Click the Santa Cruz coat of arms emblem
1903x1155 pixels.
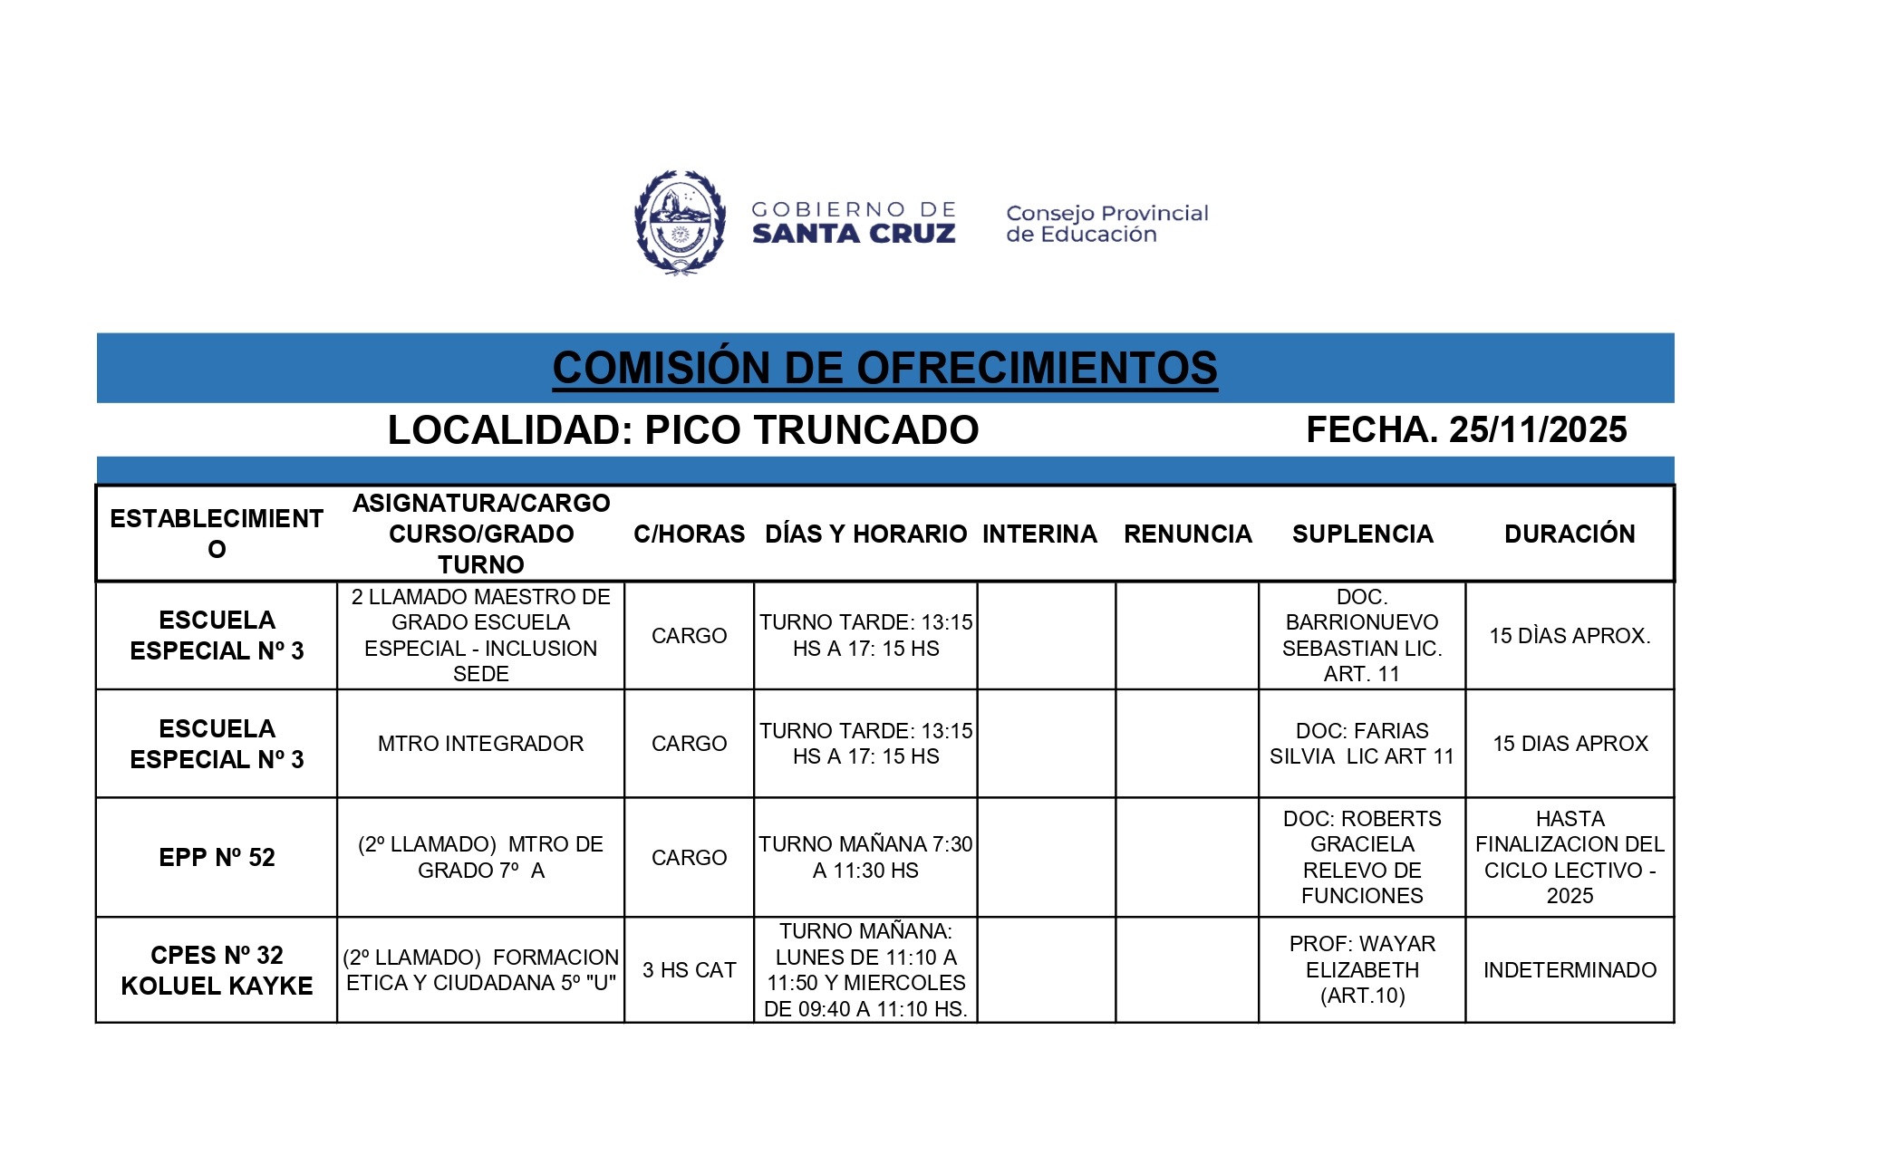pos(680,222)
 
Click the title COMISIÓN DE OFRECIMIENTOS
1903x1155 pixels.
pos(884,368)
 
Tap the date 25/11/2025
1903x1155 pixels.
pos(1538,429)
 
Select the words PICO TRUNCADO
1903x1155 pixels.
pos(811,430)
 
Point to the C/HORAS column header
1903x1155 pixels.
pos(689,534)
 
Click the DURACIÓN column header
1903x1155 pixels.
pos(1570,534)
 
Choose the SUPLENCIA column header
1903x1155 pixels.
pos(1362,534)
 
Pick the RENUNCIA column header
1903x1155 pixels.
pos(1187,534)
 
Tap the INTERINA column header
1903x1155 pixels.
pos(1039,534)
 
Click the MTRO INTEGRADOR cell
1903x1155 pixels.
pos(480,744)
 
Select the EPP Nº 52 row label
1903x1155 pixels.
pos(217,857)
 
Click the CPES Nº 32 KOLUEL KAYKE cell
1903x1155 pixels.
pos(217,970)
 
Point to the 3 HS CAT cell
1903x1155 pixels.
pos(689,970)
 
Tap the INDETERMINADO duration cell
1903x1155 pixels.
pos(1570,970)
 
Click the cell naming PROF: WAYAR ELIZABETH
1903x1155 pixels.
pos(1362,970)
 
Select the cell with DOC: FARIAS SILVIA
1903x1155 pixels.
pos(1362,744)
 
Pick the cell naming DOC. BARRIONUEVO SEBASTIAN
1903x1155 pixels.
pos(1362,635)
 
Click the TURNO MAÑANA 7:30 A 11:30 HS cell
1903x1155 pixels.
pos(865,857)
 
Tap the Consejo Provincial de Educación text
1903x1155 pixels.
pos(1106,224)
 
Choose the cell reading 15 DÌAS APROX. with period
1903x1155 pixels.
pos(1570,636)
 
